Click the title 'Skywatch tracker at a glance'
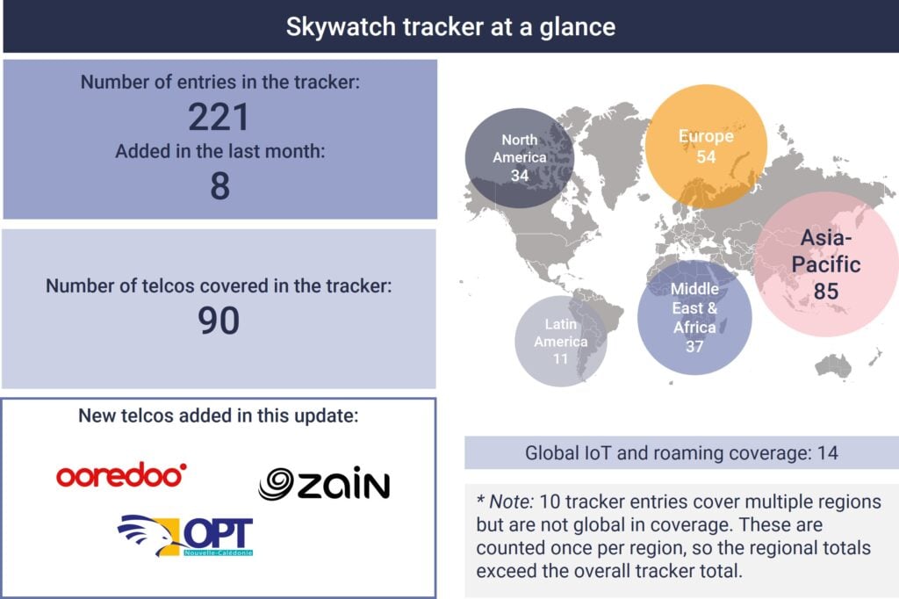point(450,27)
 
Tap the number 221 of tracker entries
point(219,117)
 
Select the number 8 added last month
point(220,186)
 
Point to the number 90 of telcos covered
point(219,321)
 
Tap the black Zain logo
point(324,484)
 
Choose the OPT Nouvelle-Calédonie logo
point(185,536)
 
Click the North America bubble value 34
point(520,176)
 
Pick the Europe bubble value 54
point(706,156)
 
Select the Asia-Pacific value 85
point(826,291)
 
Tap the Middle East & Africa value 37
point(694,347)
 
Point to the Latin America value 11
point(560,358)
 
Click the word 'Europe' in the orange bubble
point(706,136)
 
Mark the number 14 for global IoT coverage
point(827,453)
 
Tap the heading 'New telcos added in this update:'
point(219,415)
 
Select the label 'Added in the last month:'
point(220,151)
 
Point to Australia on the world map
point(834,365)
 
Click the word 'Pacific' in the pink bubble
point(826,264)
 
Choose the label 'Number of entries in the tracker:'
point(220,82)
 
